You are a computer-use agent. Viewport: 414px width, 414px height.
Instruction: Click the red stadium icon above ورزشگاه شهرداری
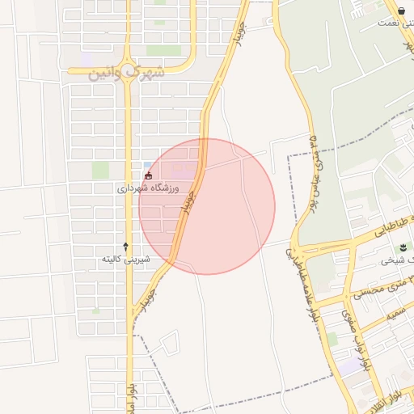[147, 175]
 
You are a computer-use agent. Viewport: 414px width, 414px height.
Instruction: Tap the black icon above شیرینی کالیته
[125, 246]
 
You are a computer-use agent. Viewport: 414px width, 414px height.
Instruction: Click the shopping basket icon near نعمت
[402, 11]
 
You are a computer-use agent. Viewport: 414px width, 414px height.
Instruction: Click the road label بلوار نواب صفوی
[353, 340]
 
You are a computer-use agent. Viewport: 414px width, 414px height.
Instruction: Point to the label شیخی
[399, 260]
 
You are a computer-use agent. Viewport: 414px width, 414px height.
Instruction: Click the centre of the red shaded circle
[207, 206]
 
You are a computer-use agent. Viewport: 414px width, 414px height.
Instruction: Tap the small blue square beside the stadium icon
[148, 164]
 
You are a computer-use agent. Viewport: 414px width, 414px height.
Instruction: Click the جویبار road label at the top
[235, 49]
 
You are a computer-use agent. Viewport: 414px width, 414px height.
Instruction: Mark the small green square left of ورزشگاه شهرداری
[100, 171]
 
